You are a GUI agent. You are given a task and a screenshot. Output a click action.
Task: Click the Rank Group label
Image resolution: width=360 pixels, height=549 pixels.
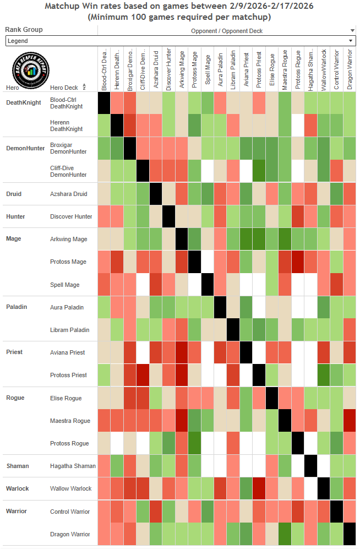(x=24, y=30)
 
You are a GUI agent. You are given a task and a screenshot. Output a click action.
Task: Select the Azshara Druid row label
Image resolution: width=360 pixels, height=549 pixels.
(x=69, y=194)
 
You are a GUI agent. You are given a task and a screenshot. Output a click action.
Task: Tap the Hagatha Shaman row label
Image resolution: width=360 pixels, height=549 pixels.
(x=73, y=466)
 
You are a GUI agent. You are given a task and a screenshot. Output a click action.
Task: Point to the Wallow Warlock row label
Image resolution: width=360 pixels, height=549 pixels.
(x=70, y=488)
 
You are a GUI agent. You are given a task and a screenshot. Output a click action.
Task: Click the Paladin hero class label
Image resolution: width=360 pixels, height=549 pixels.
(x=17, y=307)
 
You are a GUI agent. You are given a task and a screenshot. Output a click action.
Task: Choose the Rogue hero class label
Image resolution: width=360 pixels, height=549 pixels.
(x=15, y=398)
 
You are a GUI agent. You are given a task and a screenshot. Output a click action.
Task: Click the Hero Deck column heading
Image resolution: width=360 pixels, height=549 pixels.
(x=64, y=88)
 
